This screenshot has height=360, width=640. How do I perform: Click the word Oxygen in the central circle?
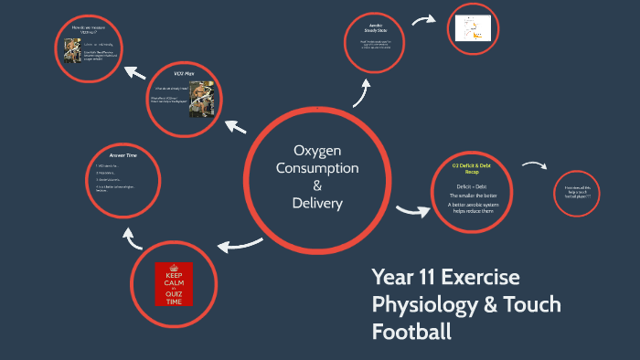tap(316, 151)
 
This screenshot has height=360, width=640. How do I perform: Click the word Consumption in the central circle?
tap(316, 168)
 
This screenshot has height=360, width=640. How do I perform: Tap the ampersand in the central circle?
tap(316, 185)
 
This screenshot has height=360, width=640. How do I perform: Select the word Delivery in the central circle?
tap(316, 203)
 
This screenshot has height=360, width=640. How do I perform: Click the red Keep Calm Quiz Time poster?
tap(174, 287)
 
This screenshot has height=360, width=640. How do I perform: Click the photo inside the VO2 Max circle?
tap(200, 98)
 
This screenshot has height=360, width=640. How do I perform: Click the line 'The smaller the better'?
tap(474, 196)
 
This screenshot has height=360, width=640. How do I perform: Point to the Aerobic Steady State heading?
tap(376, 28)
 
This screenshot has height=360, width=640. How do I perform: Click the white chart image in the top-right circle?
tap(475, 28)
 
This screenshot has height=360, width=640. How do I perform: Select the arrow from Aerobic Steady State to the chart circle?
tap(424, 20)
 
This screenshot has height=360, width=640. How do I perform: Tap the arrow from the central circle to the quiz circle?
tap(240, 243)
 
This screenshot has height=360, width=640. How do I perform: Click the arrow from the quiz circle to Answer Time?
tap(133, 239)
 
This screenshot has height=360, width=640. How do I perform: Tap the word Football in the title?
tap(411, 332)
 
